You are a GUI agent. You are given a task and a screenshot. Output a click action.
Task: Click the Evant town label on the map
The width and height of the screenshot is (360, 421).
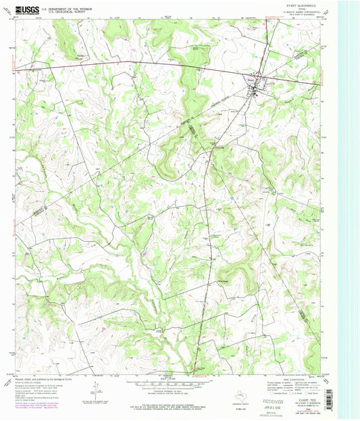pyautogui.click(x=251, y=79)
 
